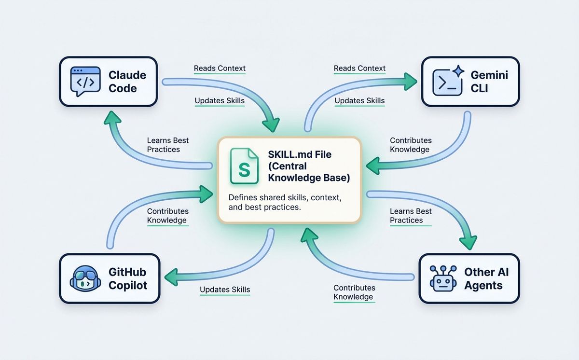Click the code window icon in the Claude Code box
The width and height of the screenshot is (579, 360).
[85, 82]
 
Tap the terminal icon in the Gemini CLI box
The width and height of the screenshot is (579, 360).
[447, 83]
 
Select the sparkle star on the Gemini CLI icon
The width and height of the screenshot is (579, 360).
[458, 71]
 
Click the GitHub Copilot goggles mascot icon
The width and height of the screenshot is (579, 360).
[85, 278]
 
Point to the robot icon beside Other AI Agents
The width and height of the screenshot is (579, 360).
[443, 278]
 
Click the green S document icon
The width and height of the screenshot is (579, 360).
[244, 166]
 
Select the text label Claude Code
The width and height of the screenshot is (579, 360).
[127, 82]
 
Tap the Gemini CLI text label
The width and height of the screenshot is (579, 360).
[489, 82]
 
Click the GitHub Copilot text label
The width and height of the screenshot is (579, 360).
[128, 278]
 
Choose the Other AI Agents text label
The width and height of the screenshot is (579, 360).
[486, 278]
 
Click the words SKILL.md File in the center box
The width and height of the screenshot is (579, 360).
[300, 154]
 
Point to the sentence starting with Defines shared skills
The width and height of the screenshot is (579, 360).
[285, 202]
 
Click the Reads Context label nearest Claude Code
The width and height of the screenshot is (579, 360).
[220, 68]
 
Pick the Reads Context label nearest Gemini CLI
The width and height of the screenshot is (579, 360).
[359, 68]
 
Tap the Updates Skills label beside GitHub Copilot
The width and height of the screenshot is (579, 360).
[225, 290]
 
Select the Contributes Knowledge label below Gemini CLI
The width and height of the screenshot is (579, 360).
[411, 145]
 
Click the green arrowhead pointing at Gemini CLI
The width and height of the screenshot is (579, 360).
[411, 82]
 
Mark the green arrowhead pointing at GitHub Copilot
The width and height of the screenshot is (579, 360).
[171, 277]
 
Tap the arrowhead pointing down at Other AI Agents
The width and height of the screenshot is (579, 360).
[468, 243]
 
